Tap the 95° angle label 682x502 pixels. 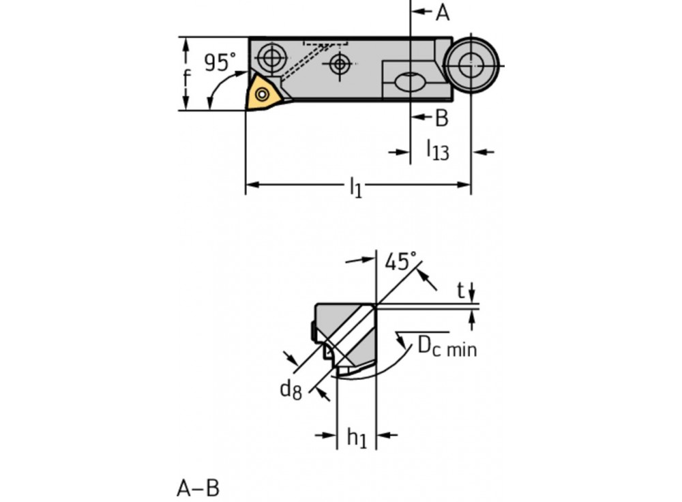point(219,62)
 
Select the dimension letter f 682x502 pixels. point(187,77)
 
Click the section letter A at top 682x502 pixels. point(443,12)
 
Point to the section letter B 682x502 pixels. point(442,118)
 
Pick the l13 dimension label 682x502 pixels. point(437,149)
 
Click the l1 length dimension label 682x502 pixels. point(355,186)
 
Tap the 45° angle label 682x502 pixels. point(400,261)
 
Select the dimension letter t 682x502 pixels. point(461,291)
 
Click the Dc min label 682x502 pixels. point(447,347)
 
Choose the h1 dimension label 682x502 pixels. point(357,438)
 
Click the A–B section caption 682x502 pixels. point(198,488)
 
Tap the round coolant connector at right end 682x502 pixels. point(469,65)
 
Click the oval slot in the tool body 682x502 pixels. point(409,83)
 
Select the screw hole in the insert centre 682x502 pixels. point(263,94)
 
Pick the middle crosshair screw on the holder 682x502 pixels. point(339,65)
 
